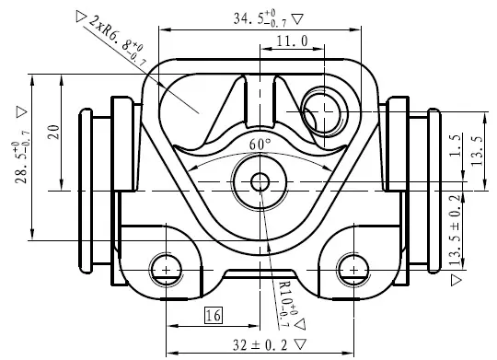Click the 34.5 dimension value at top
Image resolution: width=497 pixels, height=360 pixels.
coord(260,18)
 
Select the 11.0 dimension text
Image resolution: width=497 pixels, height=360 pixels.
coord(292,41)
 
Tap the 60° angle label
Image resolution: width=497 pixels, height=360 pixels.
coord(260,145)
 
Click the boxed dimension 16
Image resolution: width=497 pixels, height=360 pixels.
coord(214,315)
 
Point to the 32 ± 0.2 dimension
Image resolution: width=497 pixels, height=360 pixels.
coord(260,344)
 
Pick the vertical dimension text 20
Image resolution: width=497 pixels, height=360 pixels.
coord(54,133)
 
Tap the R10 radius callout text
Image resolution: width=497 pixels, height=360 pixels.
coord(287,303)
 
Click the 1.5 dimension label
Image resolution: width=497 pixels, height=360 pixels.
coord(456,145)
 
